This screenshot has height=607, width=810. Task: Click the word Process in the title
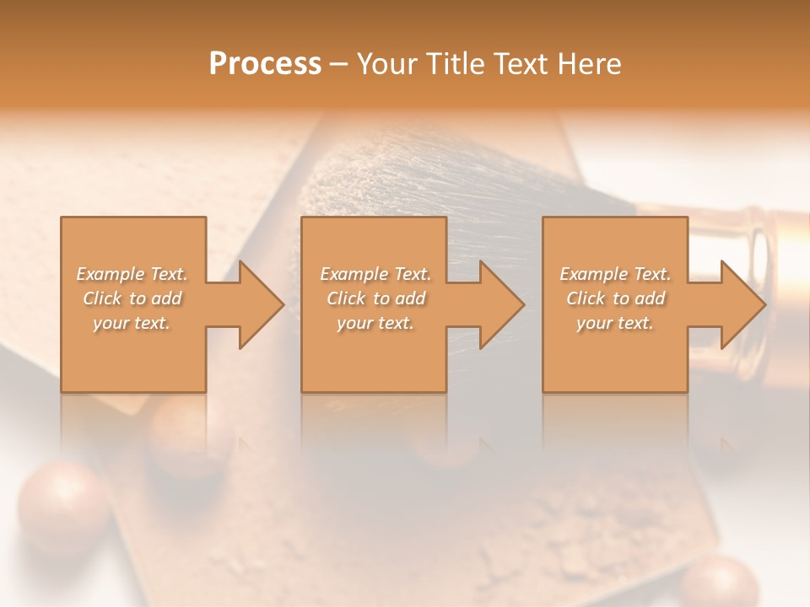265,64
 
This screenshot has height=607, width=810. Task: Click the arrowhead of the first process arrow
262,304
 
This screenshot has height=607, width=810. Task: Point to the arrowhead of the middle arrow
502,304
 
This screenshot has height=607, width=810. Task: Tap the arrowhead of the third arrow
743,304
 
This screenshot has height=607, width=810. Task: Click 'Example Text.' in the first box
132,274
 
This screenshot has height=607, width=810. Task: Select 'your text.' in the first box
132,323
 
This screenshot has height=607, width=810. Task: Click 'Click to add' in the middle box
375,298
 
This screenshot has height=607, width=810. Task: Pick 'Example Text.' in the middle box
375,274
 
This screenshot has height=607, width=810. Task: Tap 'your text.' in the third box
615,323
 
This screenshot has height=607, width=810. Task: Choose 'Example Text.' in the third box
615,274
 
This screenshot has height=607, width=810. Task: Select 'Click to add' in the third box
615,298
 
